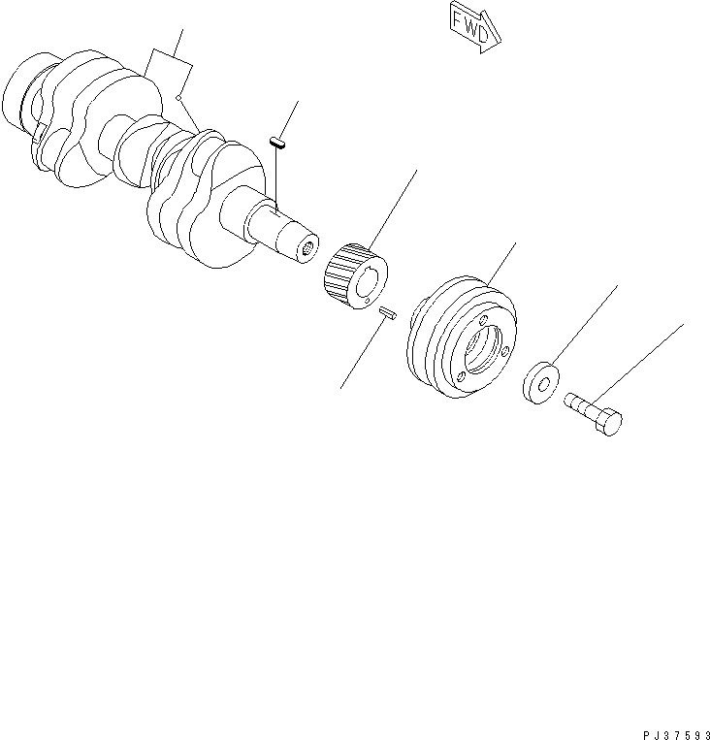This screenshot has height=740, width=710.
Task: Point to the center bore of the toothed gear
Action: click(x=368, y=284)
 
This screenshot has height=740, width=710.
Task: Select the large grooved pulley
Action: click(x=462, y=335)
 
